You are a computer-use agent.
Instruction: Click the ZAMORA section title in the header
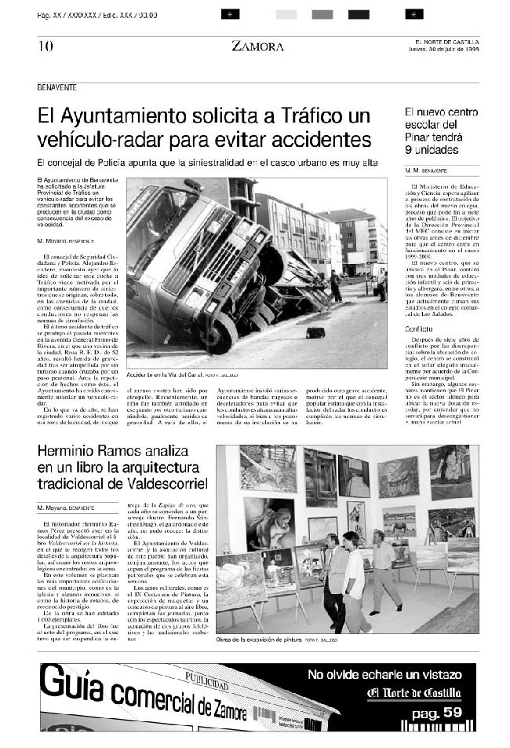coord(257,46)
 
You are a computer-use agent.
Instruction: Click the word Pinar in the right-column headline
coord(418,137)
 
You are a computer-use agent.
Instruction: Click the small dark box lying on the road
coord(316,332)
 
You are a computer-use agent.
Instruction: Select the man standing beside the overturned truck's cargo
coord(336,285)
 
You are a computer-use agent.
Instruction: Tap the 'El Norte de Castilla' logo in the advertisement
coord(414,692)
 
